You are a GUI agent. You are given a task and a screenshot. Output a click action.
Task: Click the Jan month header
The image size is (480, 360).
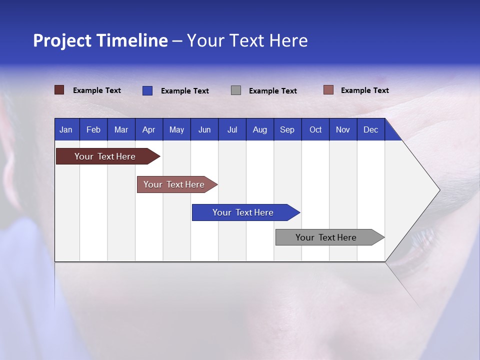click(x=66, y=129)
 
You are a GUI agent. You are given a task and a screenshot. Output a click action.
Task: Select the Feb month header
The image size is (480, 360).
click(x=93, y=129)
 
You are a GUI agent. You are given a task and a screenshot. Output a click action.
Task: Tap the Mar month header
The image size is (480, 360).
click(x=121, y=129)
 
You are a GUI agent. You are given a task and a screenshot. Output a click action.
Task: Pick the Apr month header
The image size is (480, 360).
click(x=149, y=129)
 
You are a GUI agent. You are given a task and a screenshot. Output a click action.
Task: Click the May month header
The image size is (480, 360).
click(x=176, y=129)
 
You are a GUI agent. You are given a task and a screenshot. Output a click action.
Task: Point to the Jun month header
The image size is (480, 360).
click(x=204, y=129)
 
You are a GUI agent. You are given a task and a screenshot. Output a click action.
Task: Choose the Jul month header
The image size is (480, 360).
click(x=232, y=129)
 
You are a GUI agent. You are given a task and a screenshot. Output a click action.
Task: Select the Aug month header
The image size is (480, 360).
click(x=260, y=129)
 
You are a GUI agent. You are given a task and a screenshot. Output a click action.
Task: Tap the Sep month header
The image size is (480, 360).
click(x=287, y=129)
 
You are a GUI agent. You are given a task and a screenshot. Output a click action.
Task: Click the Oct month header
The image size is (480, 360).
click(x=315, y=129)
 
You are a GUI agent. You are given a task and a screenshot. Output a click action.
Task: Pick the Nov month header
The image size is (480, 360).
click(x=343, y=129)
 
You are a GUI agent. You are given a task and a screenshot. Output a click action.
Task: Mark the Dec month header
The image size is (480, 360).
click(x=371, y=129)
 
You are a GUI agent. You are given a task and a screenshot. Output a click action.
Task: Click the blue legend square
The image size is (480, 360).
click(x=147, y=90)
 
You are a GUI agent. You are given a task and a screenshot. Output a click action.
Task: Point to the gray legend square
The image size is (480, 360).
click(x=236, y=90)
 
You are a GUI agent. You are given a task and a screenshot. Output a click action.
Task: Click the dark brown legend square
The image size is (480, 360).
click(x=59, y=90)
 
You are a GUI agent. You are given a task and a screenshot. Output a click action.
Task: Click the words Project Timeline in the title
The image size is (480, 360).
click(x=100, y=40)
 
